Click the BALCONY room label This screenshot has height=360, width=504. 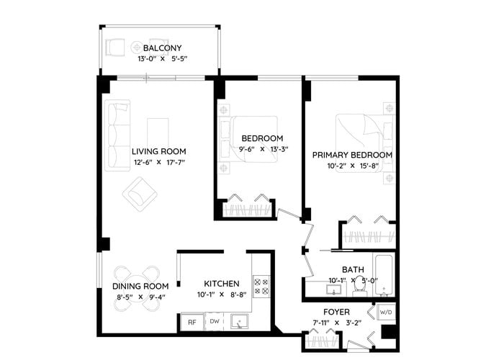click(162, 48)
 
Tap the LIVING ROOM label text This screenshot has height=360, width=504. click(159, 151)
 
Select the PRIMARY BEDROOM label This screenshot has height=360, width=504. click(352, 155)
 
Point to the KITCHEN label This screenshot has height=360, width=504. click(222, 284)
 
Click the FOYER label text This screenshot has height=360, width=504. click(336, 312)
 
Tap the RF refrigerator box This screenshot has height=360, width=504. click(192, 322)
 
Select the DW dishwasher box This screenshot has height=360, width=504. click(215, 321)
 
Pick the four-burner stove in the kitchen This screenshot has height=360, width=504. click(261, 287)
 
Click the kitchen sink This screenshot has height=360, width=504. click(240, 321)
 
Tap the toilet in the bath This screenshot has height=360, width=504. click(359, 286)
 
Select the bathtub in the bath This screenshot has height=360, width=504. click(384, 275)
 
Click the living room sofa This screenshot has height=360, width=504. click(118, 135)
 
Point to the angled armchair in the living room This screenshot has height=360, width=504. click(140, 194)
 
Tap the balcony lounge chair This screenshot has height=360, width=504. click(115, 48)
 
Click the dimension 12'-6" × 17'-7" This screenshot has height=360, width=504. click(159, 162)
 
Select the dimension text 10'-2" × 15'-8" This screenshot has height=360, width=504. click(353, 166)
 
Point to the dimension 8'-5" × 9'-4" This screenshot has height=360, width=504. click(141, 297)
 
